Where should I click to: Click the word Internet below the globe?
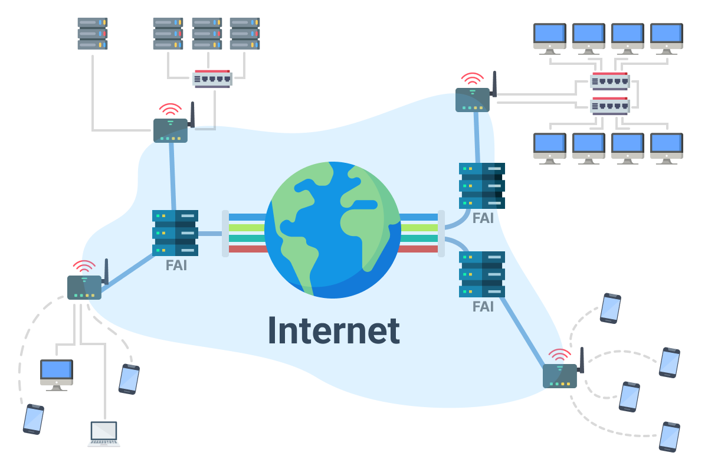pyautogui.click(x=334, y=330)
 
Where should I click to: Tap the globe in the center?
pyautogui.click(x=333, y=230)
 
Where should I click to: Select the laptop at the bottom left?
pyautogui.click(x=104, y=434)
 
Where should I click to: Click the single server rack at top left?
pyautogui.click(x=93, y=34)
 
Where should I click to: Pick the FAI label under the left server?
pyautogui.click(x=176, y=265)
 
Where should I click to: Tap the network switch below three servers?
pyautogui.click(x=212, y=78)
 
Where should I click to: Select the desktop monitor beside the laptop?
pyautogui.click(x=57, y=374)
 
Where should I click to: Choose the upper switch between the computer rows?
pyautogui.click(x=610, y=81)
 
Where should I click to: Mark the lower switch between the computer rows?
pyautogui.click(x=610, y=106)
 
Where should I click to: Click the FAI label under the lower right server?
pyautogui.click(x=483, y=307)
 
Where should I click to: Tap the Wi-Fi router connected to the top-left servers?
pyautogui.click(x=171, y=130)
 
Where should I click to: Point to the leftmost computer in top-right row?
pyautogui.click(x=550, y=37)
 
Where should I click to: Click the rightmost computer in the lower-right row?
pyautogui.click(x=667, y=147)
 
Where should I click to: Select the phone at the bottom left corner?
pyautogui.click(x=34, y=419)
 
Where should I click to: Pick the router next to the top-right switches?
pyautogui.click(x=473, y=99)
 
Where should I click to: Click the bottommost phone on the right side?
pyautogui.click(x=670, y=437)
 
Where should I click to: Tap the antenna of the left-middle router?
pyautogui.click(x=106, y=271)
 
